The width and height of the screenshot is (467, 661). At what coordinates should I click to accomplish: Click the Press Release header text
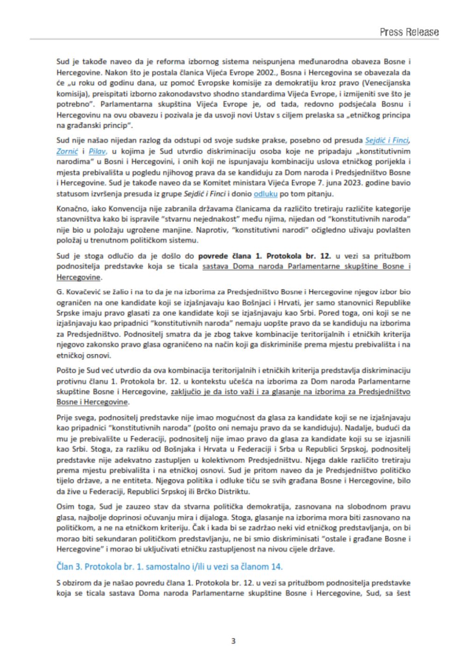[409, 32]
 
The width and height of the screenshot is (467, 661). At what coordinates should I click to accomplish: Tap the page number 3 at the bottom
[233, 641]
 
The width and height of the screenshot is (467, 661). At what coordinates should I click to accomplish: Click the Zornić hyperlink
[67, 151]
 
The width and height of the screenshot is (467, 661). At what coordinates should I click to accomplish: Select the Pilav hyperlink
[98, 151]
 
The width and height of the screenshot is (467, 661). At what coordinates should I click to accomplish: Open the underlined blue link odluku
[265, 193]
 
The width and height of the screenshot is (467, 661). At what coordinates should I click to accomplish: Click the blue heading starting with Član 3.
[170, 567]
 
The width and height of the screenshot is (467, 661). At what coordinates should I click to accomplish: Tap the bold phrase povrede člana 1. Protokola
[265, 256]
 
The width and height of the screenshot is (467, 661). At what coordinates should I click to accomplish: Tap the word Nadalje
[379, 428]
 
